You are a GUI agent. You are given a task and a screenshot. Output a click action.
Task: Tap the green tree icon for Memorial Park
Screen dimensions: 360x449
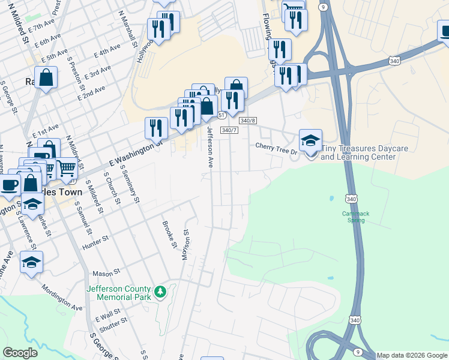coord(160,292)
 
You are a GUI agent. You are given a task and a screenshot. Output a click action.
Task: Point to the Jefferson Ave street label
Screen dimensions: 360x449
coord(210,146)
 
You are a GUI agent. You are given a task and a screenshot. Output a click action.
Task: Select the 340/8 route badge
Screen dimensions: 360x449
coord(248,121)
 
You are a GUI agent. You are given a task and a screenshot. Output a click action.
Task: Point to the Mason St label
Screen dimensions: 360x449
coord(103,273)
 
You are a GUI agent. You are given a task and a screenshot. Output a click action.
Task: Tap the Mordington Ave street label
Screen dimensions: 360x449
coord(62,296)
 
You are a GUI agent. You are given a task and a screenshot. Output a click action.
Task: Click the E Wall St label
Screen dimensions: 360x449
coord(107,313)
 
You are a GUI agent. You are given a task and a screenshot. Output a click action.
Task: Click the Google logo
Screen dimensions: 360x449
coord(20,353)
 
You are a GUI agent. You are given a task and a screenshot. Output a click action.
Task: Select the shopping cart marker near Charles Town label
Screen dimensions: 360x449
coord(66,169)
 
